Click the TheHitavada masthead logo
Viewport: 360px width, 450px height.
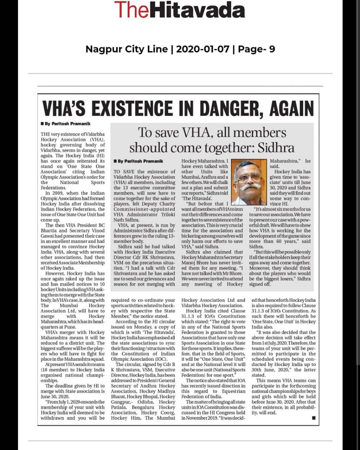179,9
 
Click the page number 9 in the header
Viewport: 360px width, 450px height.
272,49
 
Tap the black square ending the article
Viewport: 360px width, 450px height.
314,418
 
